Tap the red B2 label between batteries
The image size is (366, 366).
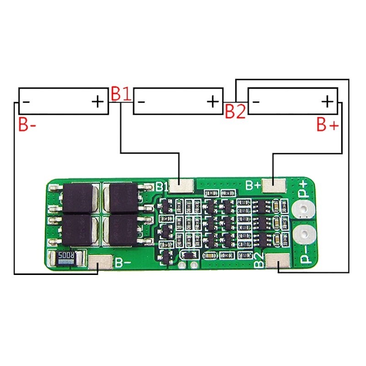(235, 111)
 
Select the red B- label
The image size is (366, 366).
(27, 124)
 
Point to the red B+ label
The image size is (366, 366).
(328, 124)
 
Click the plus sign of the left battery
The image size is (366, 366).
(97, 101)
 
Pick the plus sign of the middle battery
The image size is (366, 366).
(213, 101)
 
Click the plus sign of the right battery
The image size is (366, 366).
(327, 101)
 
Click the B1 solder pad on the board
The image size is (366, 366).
(182, 185)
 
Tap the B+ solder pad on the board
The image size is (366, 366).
(275, 185)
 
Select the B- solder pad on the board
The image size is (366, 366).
(99, 263)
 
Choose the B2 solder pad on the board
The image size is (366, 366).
(278, 263)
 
